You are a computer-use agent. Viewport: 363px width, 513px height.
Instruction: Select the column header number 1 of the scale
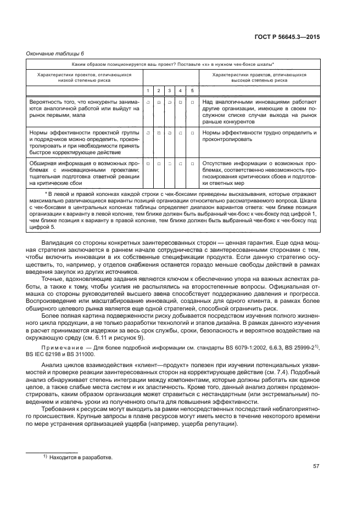pos(148,90)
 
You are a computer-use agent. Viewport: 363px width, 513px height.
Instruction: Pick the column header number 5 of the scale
pos(192,90)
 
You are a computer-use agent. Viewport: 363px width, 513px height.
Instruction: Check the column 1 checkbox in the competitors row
pos(148,102)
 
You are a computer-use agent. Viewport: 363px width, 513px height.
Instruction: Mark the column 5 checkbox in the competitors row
pos(192,102)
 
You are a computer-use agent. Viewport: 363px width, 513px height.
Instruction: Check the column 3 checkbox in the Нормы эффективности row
pos(170,133)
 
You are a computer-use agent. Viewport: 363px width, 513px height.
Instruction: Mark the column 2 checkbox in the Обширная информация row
pos(159,164)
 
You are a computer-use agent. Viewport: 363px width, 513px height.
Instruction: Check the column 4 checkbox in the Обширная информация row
pos(181,164)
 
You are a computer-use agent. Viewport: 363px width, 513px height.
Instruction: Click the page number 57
pos(316,466)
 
